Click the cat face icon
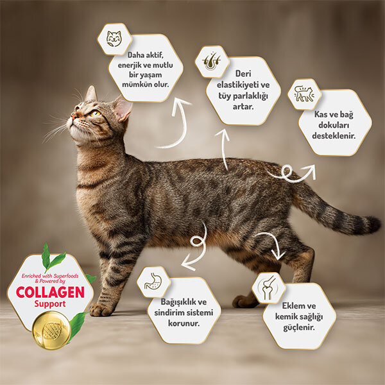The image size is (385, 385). coord(114,38)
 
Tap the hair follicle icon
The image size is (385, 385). coord(212,61)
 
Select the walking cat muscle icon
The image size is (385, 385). coord(304,94)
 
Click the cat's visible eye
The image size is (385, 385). coord(94,114)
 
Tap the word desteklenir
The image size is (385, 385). coord(334,136)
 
